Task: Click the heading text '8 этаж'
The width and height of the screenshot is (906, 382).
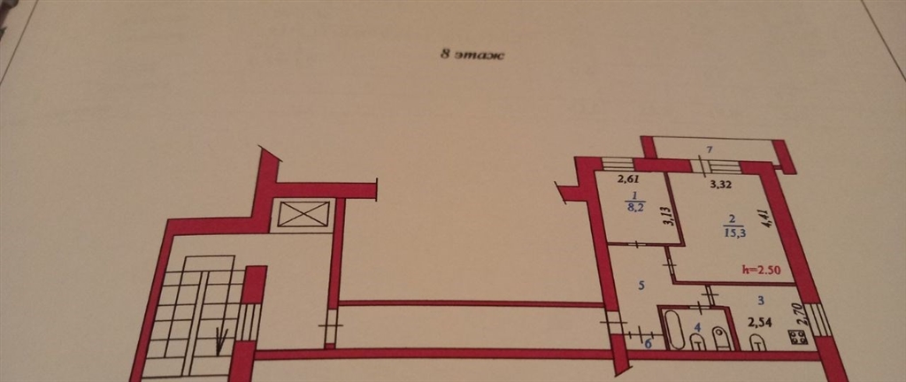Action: click(x=472, y=56)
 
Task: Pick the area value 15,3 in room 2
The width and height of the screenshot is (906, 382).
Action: click(x=729, y=233)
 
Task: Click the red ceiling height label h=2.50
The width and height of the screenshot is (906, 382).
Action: click(x=768, y=270)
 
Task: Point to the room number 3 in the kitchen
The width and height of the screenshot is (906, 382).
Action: click(x=762, y=301)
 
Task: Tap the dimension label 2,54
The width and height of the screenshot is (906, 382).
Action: click(x=760, y=322)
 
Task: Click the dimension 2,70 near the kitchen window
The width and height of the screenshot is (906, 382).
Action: click(x=801, y=317)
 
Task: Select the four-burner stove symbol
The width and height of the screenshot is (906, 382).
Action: click(x=797, y=338)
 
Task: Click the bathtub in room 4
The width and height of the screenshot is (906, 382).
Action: click(x=674, y=330)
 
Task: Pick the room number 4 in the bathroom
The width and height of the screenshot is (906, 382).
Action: click(x=697, y=327)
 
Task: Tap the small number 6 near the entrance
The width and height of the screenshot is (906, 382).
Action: click(x=648, y=344)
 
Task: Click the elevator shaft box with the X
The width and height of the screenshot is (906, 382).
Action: click(x=303, y=214)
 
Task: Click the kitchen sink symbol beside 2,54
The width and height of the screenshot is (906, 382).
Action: click(x=757, y=343)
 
